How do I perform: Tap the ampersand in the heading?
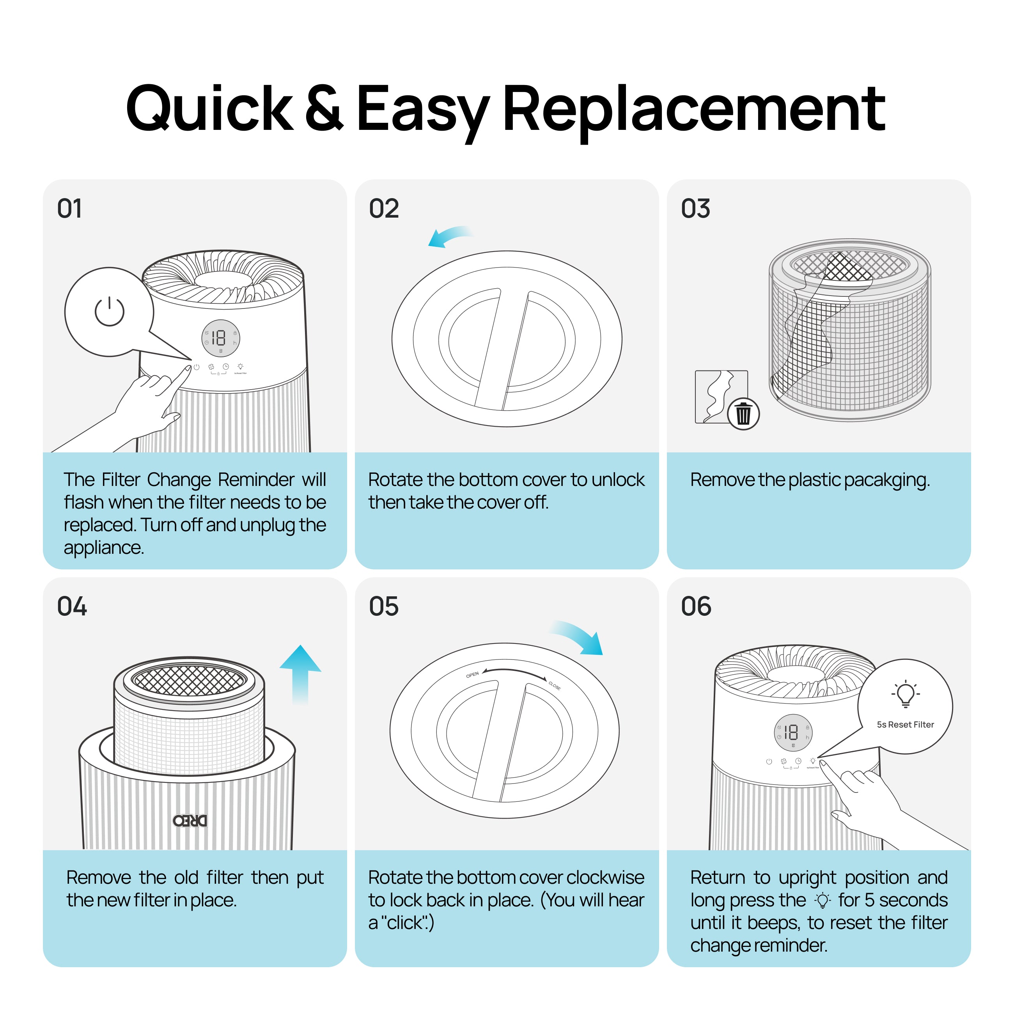[324, 108]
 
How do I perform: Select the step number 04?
[72, 607]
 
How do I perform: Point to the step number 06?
[696, 607]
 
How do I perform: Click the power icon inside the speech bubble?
[109, 312]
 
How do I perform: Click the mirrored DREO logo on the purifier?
[190, 820]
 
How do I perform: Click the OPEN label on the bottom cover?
[472, 674]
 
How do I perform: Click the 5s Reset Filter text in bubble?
[905, 725]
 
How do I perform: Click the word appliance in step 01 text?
[103, 548]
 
